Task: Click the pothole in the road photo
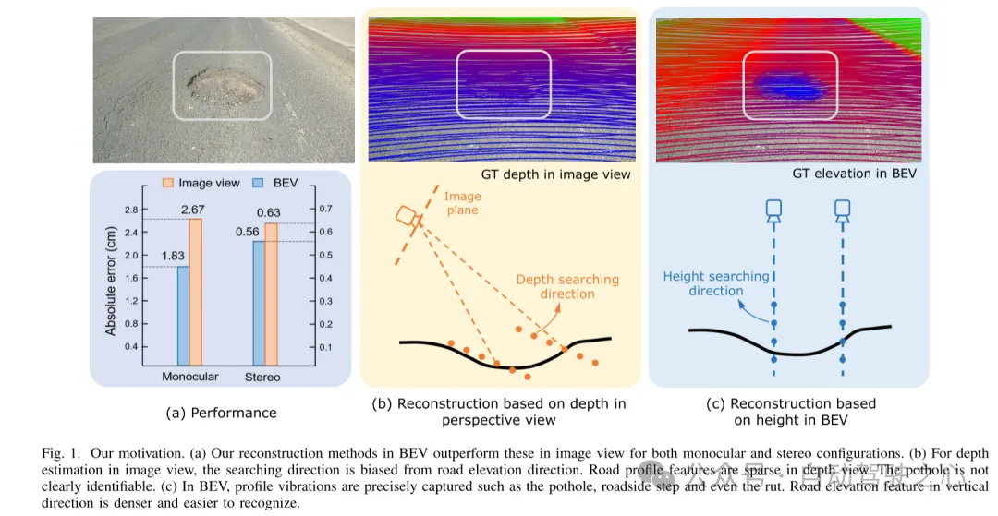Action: pyautogui.click(x=224, y=85)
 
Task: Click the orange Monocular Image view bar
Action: pyautogui.click(x=195, y=291)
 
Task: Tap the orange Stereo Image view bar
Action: pyautogui.click(x=271, y=294)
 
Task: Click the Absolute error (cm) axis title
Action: pyautogui.click(x=112, y=276)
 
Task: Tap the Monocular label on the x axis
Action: pyautogui.click(x=189, y=377)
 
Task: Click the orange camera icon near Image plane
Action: pyautogui.click(x=408, y=217)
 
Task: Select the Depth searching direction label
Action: pyautogui.click(x=567, y=286)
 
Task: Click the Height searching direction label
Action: pyautogui.click(x=716, y=282)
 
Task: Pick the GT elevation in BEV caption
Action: pyautogui.click(x=854, y=174)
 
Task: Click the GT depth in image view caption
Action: pyautogui.click(x=555, y=174)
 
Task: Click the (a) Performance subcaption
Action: pyautogui.click(x=221, y=413)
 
